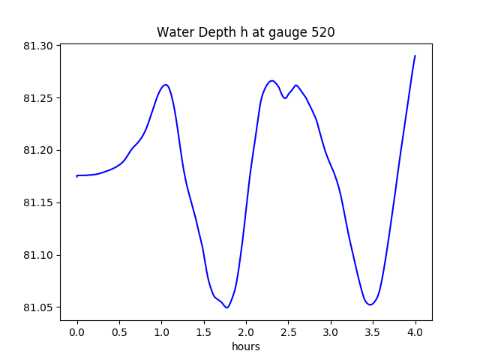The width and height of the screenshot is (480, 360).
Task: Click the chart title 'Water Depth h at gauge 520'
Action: [245, 33]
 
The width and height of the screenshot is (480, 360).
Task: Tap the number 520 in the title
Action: [322, 33]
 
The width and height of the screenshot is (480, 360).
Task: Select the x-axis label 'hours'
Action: [245, 346]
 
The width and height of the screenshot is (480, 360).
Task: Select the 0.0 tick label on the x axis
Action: [77, 331]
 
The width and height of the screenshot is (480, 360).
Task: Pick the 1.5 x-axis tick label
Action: [204, 331]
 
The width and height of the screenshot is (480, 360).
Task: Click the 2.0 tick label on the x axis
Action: [246, 331]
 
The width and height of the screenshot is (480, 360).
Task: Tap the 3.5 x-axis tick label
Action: [373, 331]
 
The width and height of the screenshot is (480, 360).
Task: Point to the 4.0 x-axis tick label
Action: [415, 331]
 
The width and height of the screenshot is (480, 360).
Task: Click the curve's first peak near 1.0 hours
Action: [166, 85]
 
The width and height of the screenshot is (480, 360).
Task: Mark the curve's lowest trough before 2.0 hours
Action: [226, 307]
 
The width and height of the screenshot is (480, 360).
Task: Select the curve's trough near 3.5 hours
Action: [370, 304]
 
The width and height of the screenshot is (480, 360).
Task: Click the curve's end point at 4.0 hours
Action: [415, 55]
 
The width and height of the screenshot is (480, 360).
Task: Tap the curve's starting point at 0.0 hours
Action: [77, 175]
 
